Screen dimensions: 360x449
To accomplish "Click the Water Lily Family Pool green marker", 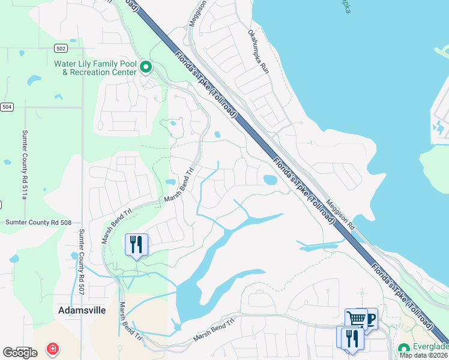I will pos(146,68).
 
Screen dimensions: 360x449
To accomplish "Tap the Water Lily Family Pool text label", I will pos(95,68).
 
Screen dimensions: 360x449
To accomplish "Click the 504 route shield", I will pos(7,107).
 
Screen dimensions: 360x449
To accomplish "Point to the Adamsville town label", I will pos(82,311).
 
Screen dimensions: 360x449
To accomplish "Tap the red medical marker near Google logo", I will pos(53,348).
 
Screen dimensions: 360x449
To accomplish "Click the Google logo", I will pos(20,353).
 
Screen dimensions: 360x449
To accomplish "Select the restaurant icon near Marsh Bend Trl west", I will pos(136,244).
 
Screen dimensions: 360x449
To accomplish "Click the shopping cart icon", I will pos(356,319).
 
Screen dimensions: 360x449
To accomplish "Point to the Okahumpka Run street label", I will pos(258,52).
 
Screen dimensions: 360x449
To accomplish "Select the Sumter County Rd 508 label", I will pos(38,222).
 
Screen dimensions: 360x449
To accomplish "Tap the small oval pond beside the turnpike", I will pos(270,179).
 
